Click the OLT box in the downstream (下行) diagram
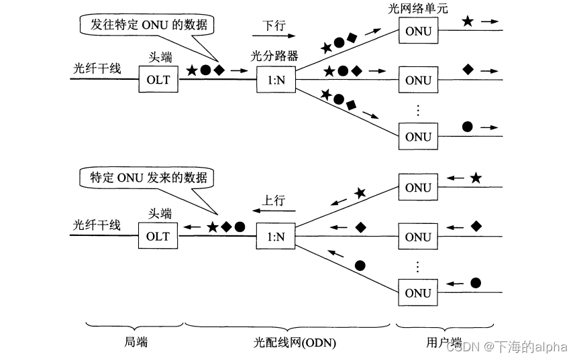pyautogui.click(x=158, y=80)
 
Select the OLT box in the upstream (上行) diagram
pyautogui.click(x=158, y=237)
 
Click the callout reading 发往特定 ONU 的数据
pyautogui.click(x=145, y=25)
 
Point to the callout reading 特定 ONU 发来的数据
pyautogui.click(x=144, y=178)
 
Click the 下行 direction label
pyautogui.click(x=273, y=25)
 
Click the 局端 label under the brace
pyautogui.click(x=136, y=343)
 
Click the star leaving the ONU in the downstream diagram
pyautogui.click(x=468, y=21)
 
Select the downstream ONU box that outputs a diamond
pyautogui.click(x=418, y=80)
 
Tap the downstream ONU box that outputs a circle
pyautogui.click(x=418, y=137)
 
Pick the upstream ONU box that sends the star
pyautogui.click(x=418, y=188)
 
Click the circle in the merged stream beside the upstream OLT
pyautogui.click(x=240, y=227)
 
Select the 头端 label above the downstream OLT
pyautogui.click(x=160, y=59)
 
